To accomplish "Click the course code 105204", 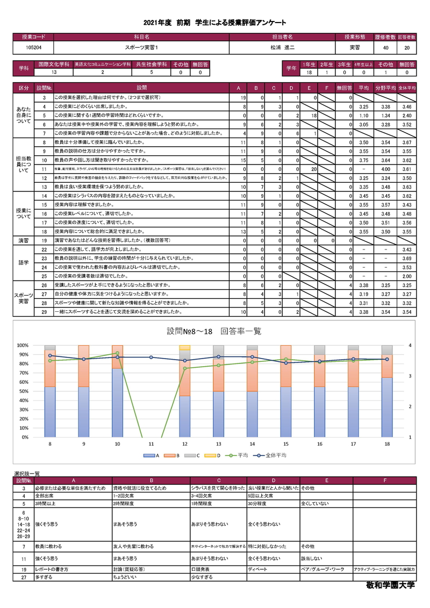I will coord(32,48).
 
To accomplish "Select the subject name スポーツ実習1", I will coord(140,48).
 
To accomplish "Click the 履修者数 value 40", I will coord(385,48).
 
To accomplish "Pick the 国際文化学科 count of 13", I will coord(53,72).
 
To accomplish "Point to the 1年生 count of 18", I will coord(309,72).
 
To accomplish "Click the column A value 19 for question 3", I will coord(243,98).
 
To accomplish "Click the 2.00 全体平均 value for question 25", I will coord(407,276).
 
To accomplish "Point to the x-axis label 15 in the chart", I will coord(285,444).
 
